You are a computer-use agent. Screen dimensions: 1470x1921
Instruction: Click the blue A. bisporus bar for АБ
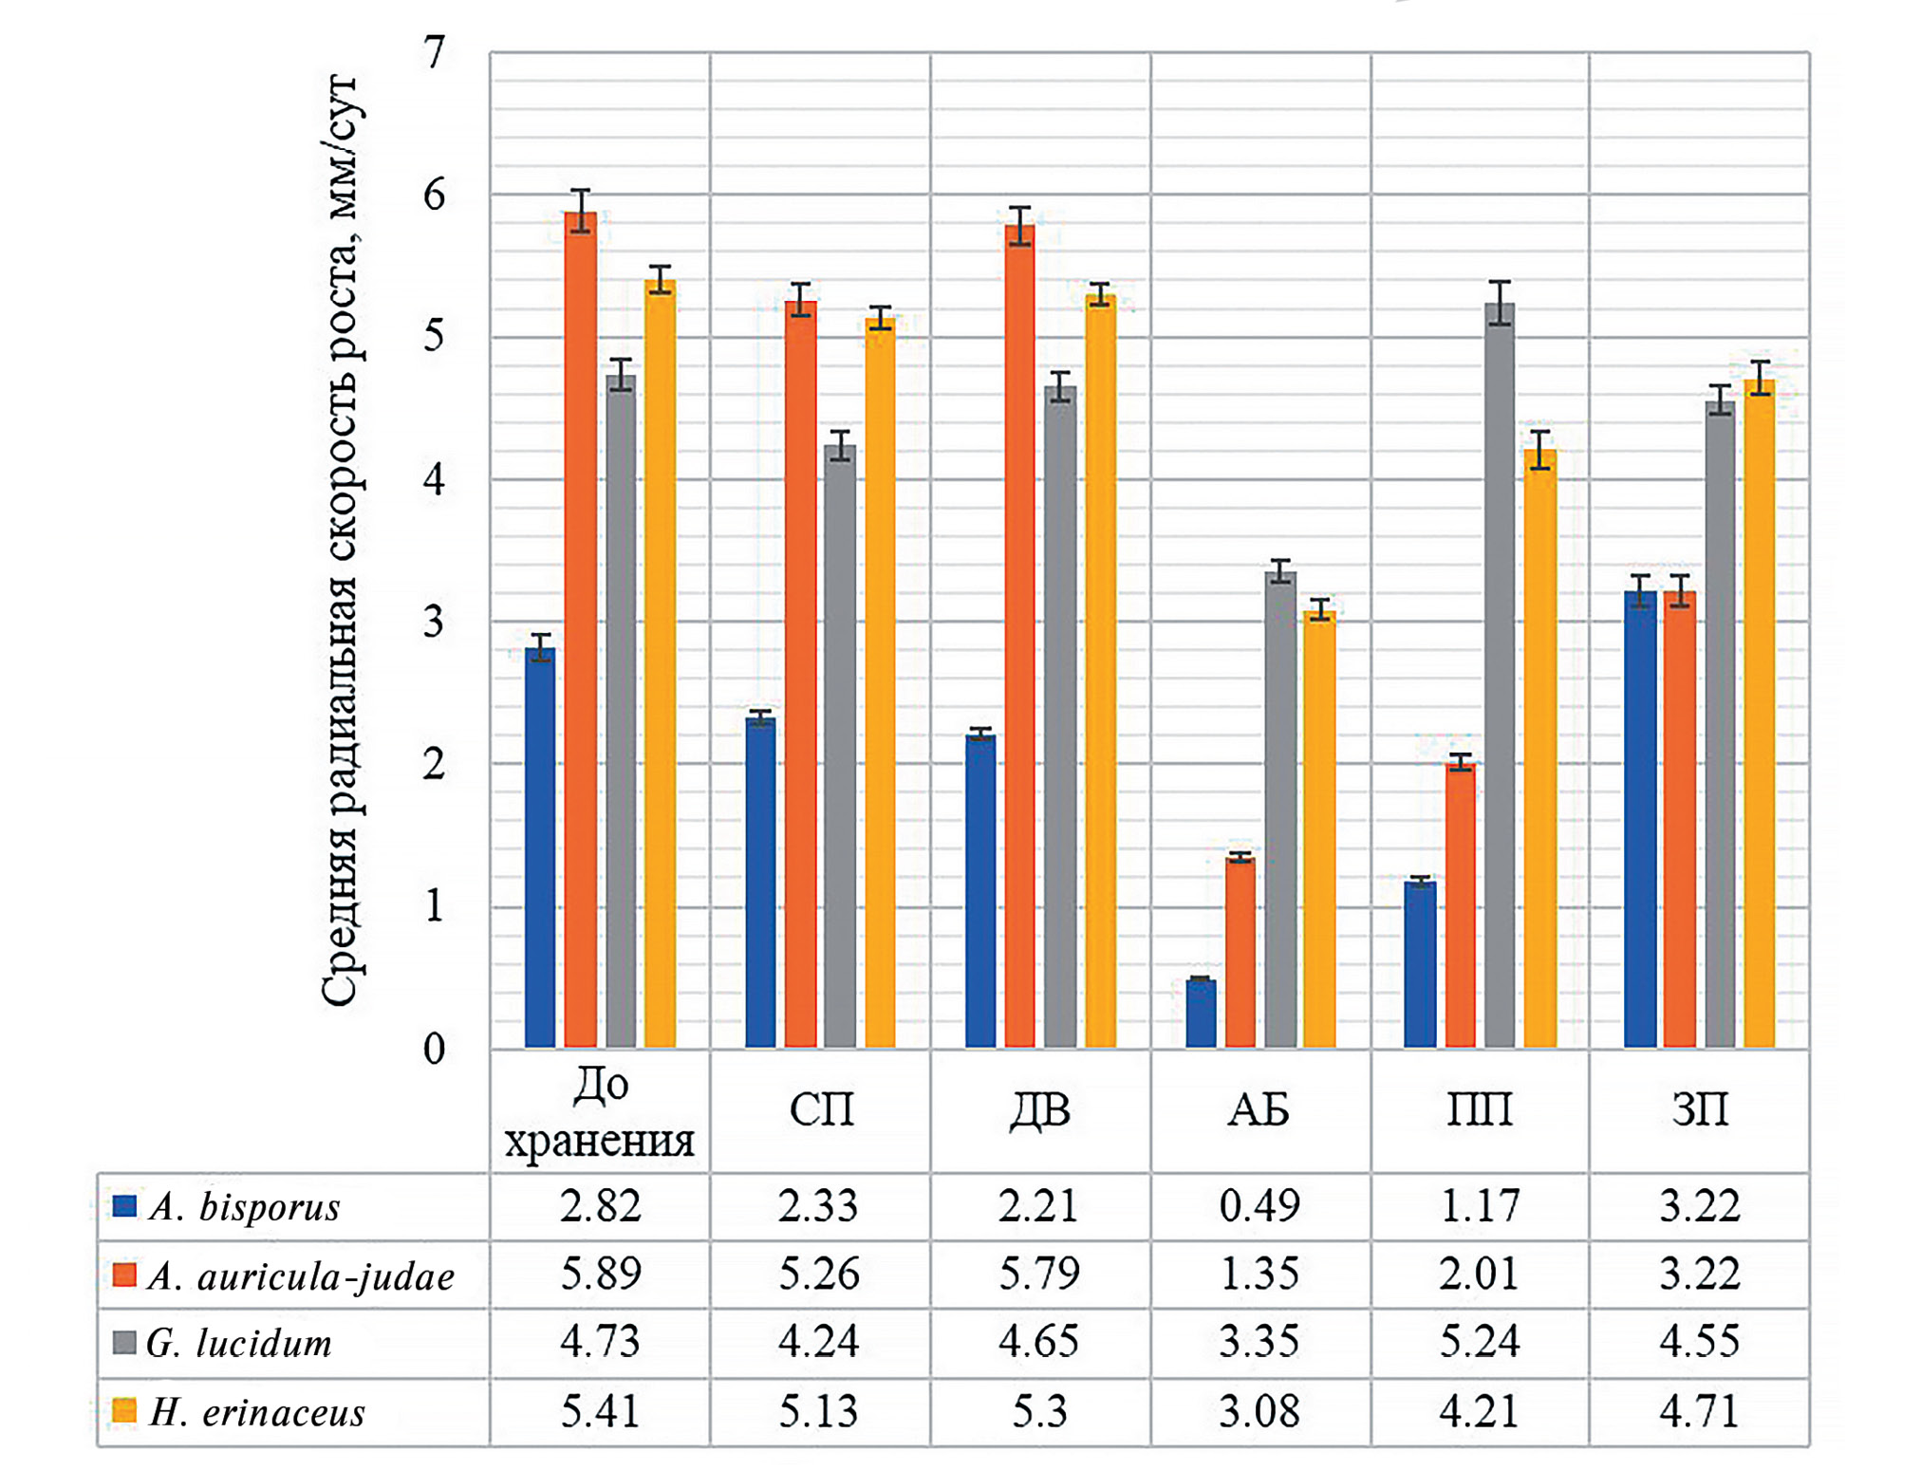1201,1014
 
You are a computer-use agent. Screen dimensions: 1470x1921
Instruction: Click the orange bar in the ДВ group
1020,636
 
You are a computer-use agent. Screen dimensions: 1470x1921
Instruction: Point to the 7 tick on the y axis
435,53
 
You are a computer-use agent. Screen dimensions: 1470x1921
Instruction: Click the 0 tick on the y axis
435,1049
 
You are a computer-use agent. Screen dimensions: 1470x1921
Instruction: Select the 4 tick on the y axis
435,480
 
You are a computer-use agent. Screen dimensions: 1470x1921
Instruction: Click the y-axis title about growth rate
339,541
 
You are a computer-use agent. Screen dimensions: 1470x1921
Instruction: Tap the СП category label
821,1110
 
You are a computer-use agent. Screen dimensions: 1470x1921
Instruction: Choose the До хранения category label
600,1112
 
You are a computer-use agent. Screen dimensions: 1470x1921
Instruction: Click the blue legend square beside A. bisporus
124,1206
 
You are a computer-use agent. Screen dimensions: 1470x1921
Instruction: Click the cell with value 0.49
1259,1206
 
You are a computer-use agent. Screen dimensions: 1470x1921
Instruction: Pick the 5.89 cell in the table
600,1275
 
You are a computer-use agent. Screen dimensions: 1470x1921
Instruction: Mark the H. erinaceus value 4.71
1699,1412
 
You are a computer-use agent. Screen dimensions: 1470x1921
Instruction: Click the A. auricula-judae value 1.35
1259,1275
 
